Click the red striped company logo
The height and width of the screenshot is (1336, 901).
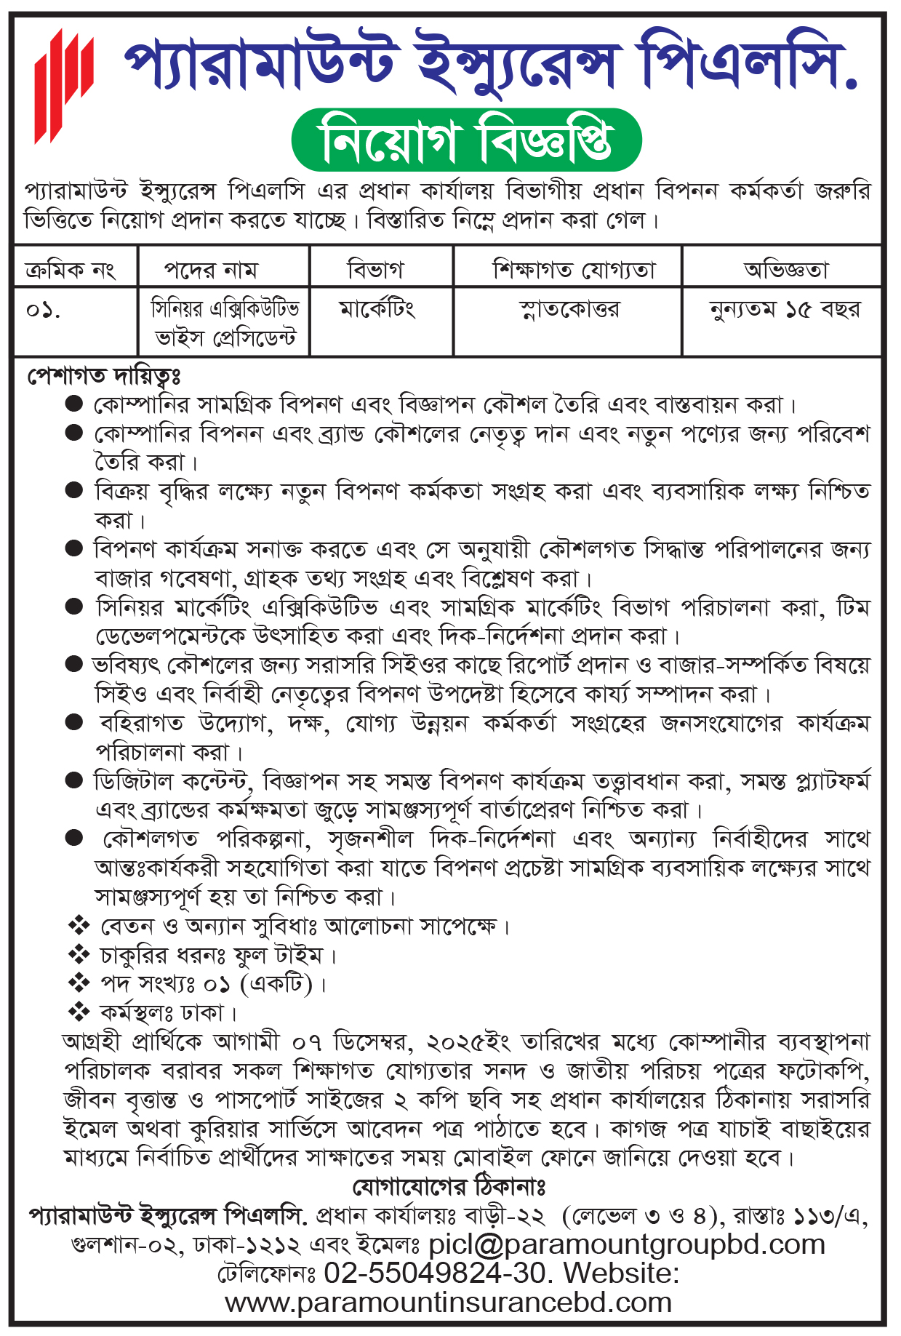click(x=64, y=86)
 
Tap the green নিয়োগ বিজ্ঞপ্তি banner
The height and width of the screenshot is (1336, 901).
click(x=466, y=140)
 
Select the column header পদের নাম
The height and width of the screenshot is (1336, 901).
click(x=210, y=270)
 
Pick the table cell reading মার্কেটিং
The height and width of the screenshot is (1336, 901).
click(x=377, y=309)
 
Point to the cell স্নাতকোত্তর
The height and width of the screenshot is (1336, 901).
click(x=569, y=309)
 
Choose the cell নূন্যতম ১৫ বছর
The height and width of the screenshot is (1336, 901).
click(x=785, y=309)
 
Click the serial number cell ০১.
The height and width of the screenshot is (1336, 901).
click(x=43, y=311)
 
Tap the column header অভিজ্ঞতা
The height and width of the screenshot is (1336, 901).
click(x=786, y=270)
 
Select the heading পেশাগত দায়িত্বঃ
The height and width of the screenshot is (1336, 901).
click(x=104, y=376)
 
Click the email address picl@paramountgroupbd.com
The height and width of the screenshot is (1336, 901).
click(x=627, y=1244)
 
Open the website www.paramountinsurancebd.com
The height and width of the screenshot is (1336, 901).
click(x=448, y=1303)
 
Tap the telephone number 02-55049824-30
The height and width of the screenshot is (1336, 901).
click(x=435, y=1273)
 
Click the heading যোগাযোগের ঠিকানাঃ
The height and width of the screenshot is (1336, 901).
click(x=449, y=1187)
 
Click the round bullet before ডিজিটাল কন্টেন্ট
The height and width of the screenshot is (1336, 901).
click(x=74, y=780)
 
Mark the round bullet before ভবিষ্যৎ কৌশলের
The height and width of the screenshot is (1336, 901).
click(x=74, y=663)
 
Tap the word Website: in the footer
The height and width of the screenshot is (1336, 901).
click(x=622, y=1273)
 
